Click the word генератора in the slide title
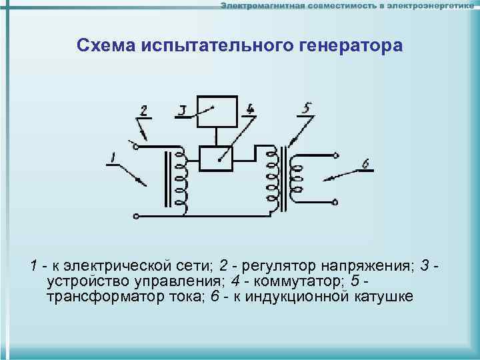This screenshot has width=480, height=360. pyautogui.click(x=345, y=46)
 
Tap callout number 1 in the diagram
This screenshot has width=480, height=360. pyautogui.click(x=114, y=158)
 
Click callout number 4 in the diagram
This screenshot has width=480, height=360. pyautogui.click(x=249, y=108)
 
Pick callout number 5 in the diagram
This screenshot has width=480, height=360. pyautogui.click(x=307, y=107)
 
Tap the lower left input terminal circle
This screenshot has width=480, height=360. pyautogui.click(x=137, y=215)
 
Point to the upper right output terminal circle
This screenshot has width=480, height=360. pyautogui.click(x=336, y=157)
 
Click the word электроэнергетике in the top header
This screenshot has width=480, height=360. pyautogui.click(x=427, y=6)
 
